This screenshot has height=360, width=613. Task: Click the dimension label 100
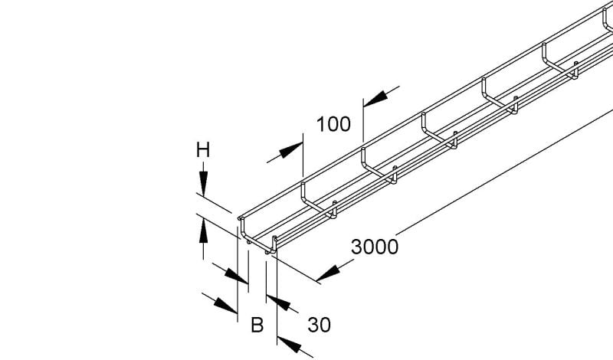coord(333,124)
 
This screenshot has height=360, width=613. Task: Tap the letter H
coord(203,150)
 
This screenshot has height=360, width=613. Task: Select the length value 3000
coord(375,247)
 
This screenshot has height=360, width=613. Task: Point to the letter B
coord(257,325)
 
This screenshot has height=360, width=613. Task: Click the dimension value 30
coord(319,325)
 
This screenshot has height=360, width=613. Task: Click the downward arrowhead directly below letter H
coord(203,183)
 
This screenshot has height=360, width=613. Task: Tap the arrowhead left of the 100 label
coord(291,149)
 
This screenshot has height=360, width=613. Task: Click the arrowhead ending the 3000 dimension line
coord(328,273)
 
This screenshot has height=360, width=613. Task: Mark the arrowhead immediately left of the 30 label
coord(278,303)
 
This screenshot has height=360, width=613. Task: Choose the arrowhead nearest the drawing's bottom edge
coord(290,344)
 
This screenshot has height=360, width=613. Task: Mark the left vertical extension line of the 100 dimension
coord(303,155)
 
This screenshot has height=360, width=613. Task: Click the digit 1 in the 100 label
coord(321,124)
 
